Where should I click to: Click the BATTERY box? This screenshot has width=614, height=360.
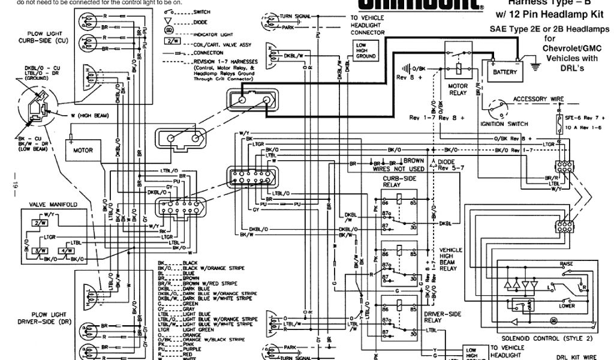click(x=504, y=71)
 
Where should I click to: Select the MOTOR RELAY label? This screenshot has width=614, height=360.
click(x=458, y=89)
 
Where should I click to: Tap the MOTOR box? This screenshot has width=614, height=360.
click(x=83, y=150)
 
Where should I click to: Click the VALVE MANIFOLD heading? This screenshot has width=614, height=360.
click(x=54, y=205)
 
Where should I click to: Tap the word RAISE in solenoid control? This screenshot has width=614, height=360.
click(x=566, y=264)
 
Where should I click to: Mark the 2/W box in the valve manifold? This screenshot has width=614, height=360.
click(x=41, y=223)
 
